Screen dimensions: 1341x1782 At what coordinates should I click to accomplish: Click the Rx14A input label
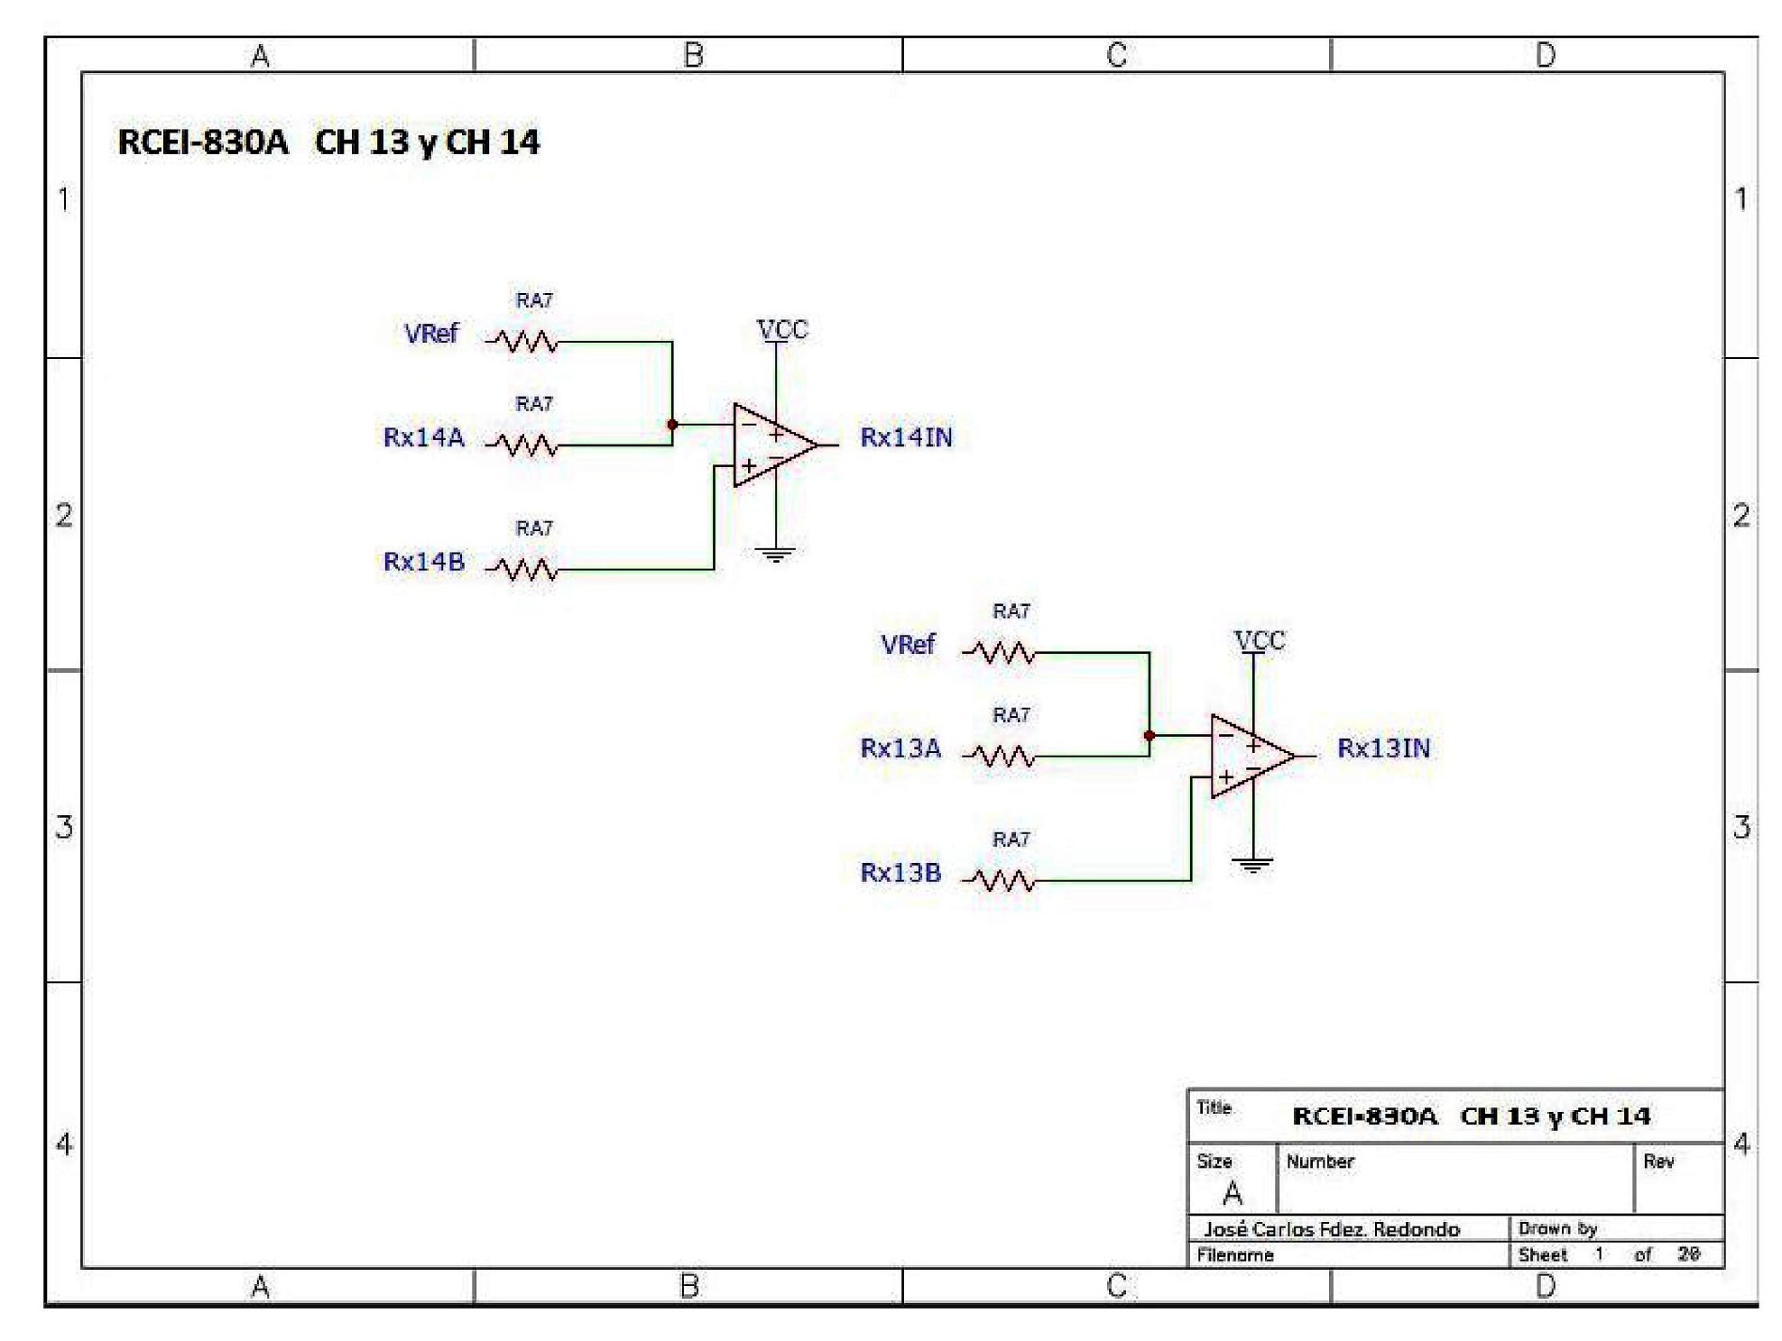423,437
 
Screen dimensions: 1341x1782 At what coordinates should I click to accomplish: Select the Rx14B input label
423,562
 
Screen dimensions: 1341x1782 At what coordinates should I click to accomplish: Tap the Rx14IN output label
906,437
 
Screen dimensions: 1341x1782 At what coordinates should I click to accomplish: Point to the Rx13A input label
900,749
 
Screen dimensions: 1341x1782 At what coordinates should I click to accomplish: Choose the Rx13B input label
900,873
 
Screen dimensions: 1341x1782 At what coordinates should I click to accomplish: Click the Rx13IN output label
1383,749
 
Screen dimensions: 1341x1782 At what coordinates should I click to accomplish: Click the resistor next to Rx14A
522,445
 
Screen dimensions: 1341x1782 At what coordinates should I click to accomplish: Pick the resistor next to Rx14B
522,569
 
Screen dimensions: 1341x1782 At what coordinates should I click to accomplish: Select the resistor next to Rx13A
1000,756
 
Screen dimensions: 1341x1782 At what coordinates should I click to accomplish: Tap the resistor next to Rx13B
1000,880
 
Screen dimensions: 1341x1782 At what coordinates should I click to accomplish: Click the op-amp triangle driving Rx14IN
771,445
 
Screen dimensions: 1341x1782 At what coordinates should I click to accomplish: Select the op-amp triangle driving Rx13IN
1249,756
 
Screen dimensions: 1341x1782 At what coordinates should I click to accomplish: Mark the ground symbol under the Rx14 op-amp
775,555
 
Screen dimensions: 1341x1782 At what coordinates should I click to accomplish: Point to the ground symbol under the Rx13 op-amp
1252,866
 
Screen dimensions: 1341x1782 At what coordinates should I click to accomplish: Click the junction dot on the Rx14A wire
672,425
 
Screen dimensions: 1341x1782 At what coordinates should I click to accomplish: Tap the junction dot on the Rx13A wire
1150,736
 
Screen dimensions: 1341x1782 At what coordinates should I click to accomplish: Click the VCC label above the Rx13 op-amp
1260,641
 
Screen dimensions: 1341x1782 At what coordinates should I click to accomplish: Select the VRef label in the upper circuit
431,334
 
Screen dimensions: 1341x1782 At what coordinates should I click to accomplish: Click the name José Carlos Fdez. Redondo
1331,1229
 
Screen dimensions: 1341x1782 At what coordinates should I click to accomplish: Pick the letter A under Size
1232,1194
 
